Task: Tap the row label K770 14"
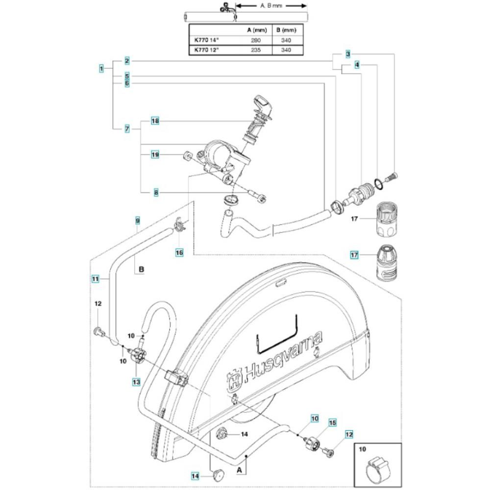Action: (206, 40)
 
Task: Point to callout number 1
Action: (101, 69)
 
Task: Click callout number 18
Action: (154, 121)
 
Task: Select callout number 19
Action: (154, 154)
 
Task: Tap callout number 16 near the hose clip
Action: (179, 252)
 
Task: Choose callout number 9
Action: (138, 221)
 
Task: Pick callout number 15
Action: (332, 422)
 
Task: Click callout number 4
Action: (357, 64)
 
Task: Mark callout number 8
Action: (156, 193)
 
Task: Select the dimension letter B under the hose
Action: (141, 269)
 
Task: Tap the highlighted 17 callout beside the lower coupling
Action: (355, 254)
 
